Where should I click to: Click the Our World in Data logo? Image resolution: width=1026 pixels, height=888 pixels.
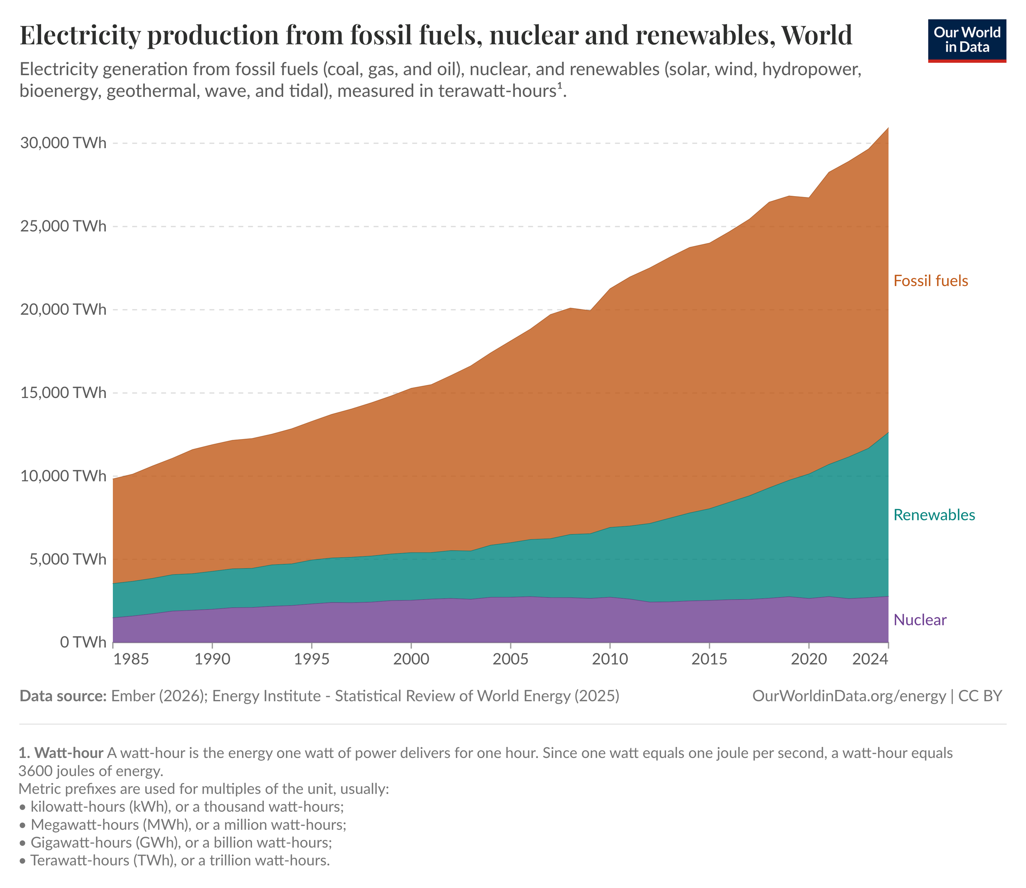[x=966, y=41]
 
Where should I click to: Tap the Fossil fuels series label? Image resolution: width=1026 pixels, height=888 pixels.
[x=930, y=281]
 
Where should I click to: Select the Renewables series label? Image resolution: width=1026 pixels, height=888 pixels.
[x=934, y=515]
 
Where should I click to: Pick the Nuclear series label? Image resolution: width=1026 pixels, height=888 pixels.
[x=920, y=620]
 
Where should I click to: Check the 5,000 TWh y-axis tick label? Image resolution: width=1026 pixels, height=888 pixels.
[x=67, y=559]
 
